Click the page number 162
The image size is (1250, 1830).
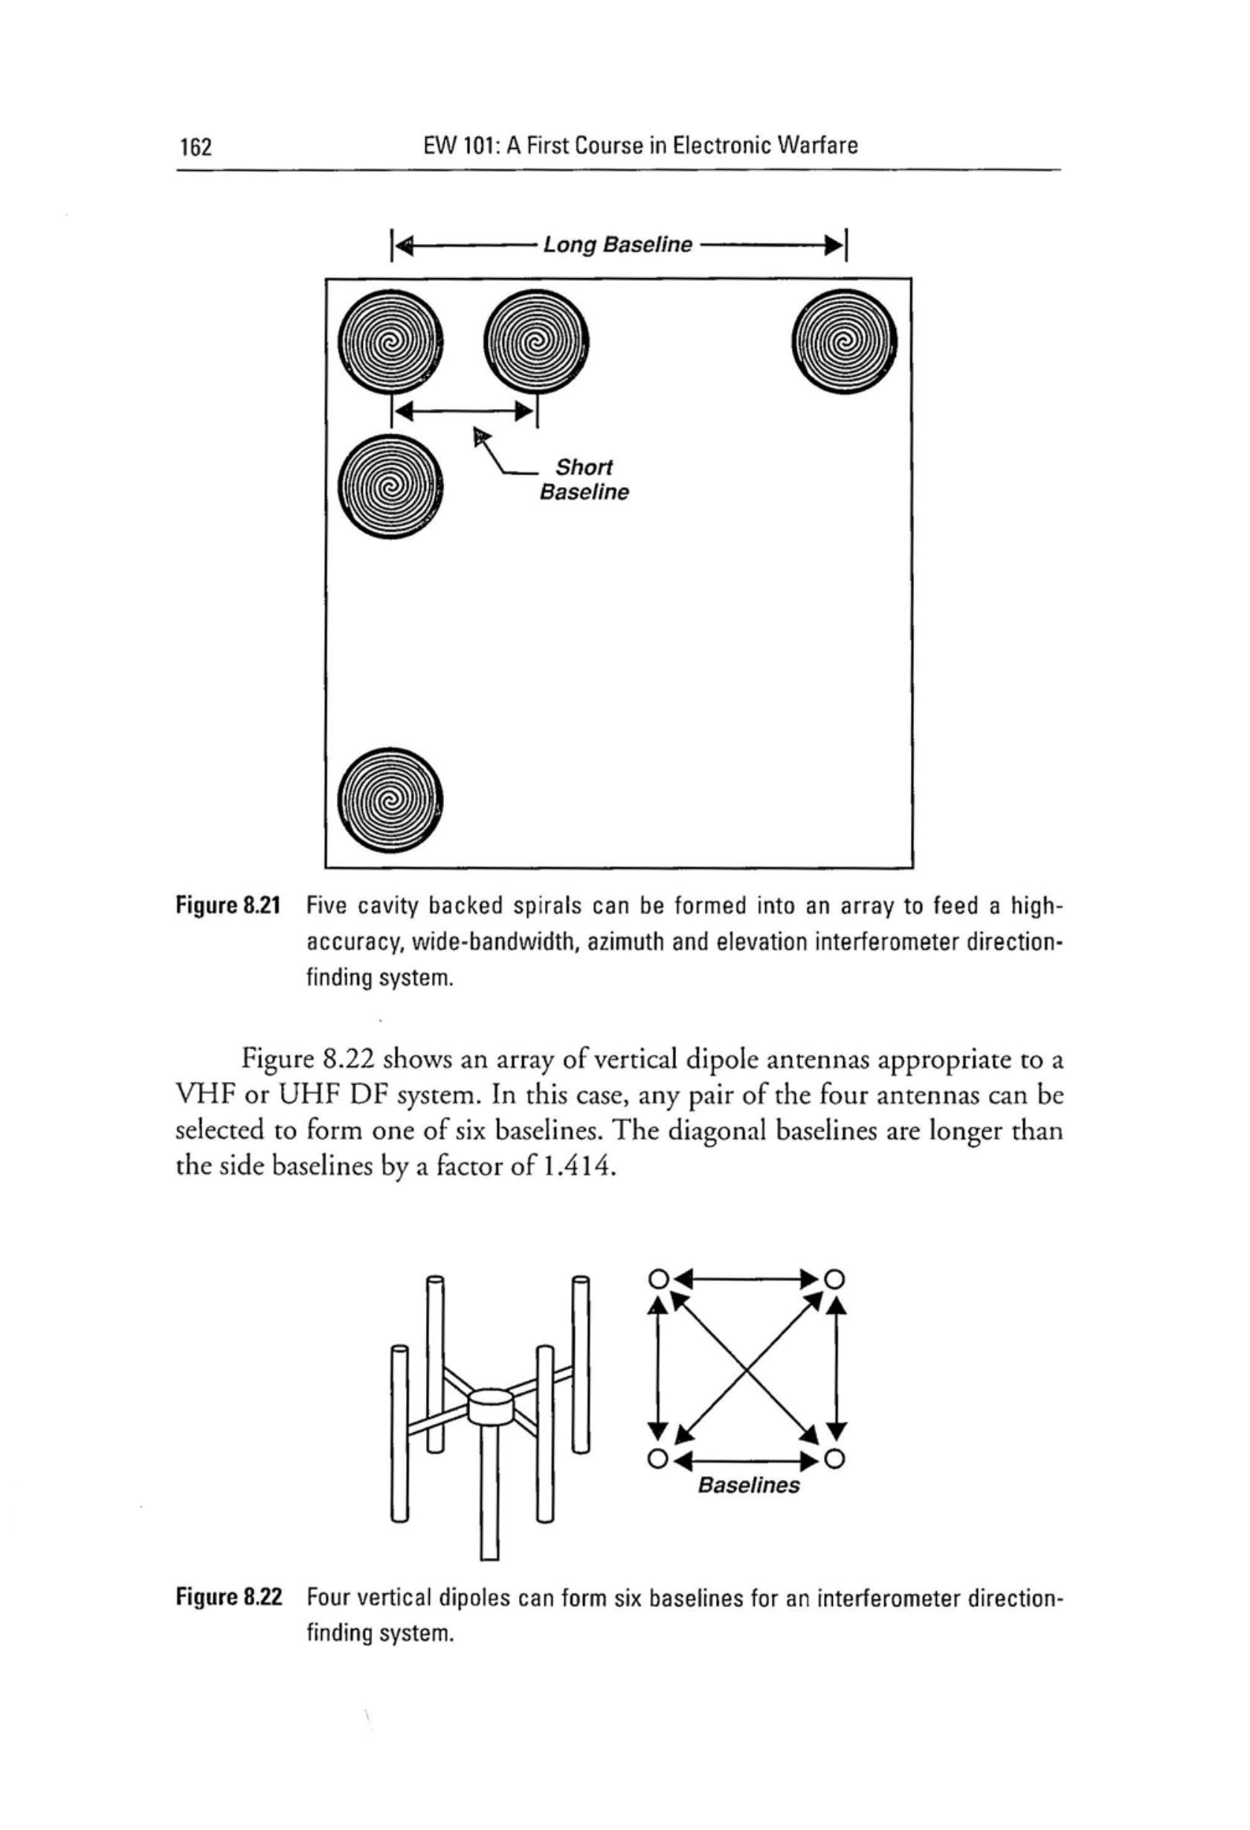pyautogui.click(x=194, y=146)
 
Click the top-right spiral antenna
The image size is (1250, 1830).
pyautogui.click(x=844, y=343)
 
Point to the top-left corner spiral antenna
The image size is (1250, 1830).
pyautogui.click(x=389, y=343)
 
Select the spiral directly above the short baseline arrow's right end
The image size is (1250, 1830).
pyautogui.click(x=536, y=343)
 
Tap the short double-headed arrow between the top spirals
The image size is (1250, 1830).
pyautogui.click(x=463, y=410)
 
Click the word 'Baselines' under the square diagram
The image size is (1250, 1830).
pyautogui.click(x=748, y=1485)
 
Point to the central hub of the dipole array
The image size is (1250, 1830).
pyautogui.click(x=489, y=1406)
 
